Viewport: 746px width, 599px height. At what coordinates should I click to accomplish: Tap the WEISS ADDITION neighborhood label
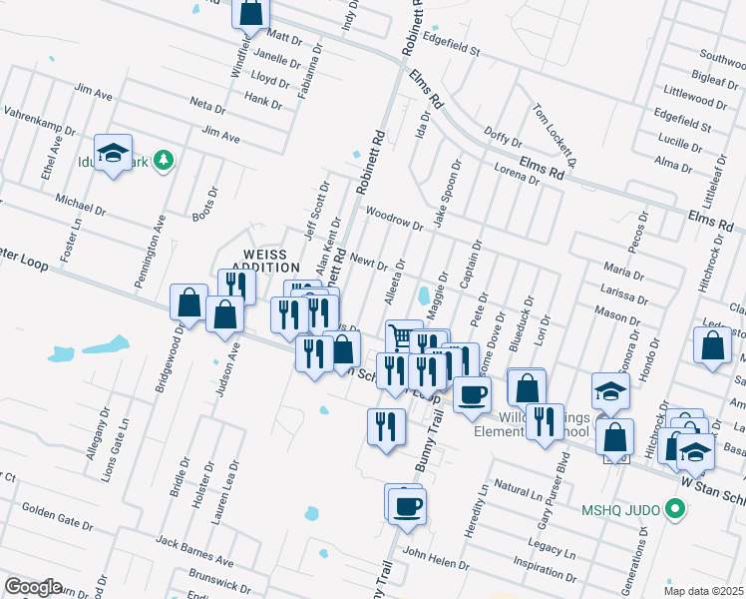265,261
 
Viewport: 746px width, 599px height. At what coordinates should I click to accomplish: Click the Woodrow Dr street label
395,219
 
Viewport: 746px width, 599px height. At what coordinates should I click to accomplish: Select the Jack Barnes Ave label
193,546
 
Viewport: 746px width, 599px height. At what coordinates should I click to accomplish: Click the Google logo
33,587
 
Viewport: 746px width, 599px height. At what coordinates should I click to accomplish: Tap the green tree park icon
169,160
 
